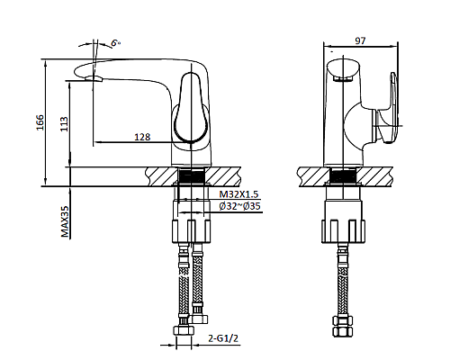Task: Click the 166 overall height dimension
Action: click(x=39, y=123)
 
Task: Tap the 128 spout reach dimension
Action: click(x=142, y=137)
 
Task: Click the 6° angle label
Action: click(x=116, y=42)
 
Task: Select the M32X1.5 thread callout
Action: click(x=238, y=193)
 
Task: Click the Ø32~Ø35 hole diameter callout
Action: click(x=239, y=207)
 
